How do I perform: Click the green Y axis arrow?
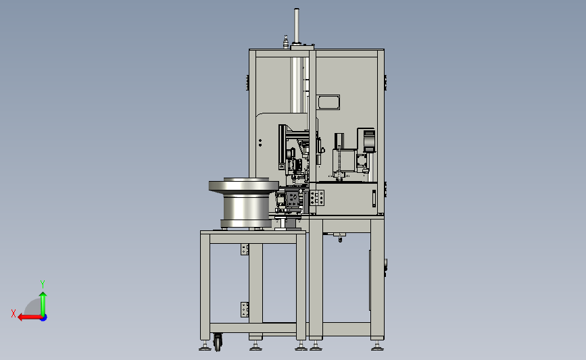tap(43, 304)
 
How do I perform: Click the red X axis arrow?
tap(30, 317)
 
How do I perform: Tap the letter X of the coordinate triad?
tap(14, 313)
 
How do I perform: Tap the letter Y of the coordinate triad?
tap(43, 284)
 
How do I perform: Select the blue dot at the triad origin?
tap(44, 317)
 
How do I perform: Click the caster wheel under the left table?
tap(218, 342)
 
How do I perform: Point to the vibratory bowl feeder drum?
tap(244, 203)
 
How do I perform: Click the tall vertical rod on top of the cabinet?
tap(296, 26)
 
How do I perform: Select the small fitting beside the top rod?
tap(286, 41)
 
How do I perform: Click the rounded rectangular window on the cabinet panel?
tap(328, 102)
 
